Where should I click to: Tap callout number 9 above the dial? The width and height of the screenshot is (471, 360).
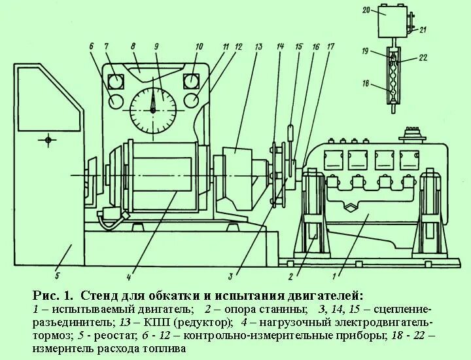coord(156,46)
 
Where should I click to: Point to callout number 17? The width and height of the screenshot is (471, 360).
coord(330,46)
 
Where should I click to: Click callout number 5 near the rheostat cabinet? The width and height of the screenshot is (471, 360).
coord(58,266)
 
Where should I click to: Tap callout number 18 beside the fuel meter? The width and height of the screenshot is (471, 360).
coord(367,84)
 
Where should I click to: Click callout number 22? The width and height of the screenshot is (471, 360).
coord(423,58)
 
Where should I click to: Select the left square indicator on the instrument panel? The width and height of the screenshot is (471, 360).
coord(116,81)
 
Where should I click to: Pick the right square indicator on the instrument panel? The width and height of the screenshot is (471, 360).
coord(192,81)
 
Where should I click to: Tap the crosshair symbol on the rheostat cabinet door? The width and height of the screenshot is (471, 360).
coord(48,139)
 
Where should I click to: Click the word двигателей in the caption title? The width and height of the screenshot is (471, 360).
coord(322,296)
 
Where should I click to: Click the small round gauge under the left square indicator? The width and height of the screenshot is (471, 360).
coord(116,101)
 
